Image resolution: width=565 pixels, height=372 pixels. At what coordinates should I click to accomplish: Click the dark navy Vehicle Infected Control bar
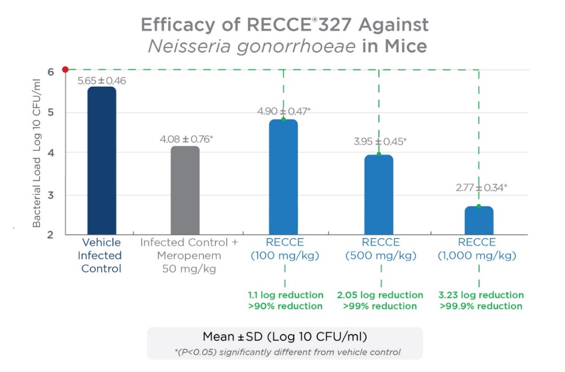click(102, 161)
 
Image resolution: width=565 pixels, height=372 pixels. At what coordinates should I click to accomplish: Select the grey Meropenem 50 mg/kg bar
click(185, 191)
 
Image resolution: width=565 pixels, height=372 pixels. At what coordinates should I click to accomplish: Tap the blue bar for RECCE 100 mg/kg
click(283, 177)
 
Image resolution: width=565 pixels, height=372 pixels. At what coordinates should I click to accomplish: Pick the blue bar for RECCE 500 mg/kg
click(379, 195)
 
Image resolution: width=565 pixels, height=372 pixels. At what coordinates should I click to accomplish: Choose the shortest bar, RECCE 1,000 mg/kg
click(479, 220)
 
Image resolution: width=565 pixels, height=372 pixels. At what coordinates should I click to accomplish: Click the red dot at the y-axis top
click(65, 69)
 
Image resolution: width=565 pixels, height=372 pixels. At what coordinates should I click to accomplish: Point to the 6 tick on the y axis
click(51, 72)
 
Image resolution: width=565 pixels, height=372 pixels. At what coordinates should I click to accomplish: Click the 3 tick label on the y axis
click(51, 195)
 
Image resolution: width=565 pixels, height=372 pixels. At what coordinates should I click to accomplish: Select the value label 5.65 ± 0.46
click(102, 81)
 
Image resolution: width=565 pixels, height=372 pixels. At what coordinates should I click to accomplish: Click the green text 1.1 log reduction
click(286, 295)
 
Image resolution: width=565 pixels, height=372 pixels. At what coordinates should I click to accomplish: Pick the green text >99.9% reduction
click(481, 306)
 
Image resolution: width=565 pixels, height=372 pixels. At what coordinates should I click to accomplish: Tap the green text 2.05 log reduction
click(380, 295)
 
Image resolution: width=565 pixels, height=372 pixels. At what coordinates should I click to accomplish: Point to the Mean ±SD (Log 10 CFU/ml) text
click(285, 337)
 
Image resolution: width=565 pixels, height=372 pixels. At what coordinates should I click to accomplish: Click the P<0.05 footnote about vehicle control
click(285, 352)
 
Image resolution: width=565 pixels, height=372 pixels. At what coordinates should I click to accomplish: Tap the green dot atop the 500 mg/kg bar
click(379, 154)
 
